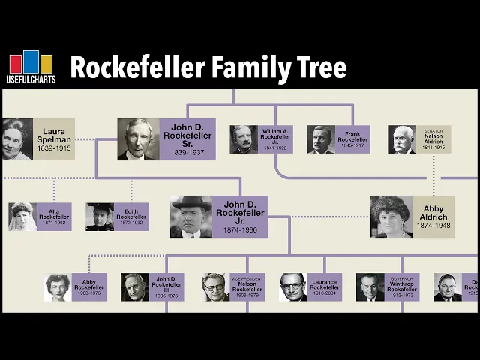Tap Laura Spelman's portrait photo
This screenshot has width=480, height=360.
tap(16, 139)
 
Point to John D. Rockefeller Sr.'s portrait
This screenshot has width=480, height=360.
tap(138, 139)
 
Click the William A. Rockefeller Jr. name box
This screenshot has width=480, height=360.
tap(274, 139)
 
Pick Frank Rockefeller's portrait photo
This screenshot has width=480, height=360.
tap(321, 139)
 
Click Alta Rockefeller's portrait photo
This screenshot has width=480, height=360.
tap(22, 216)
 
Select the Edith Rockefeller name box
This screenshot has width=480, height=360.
tap(131, 216)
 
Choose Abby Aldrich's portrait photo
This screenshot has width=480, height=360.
tap(391, 217)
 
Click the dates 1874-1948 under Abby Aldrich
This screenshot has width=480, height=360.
tap(433, 225)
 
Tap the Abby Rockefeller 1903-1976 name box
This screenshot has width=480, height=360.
tap(88, 286)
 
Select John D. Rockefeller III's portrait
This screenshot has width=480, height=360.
tap(135, 286)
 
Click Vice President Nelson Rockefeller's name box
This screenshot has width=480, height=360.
tap(247, 286)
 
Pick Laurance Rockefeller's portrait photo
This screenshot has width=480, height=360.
tap(293, 286)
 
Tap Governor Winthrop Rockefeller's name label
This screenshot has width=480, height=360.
tap(402, 286)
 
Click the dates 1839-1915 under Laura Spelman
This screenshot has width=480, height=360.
tap(54, 149)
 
